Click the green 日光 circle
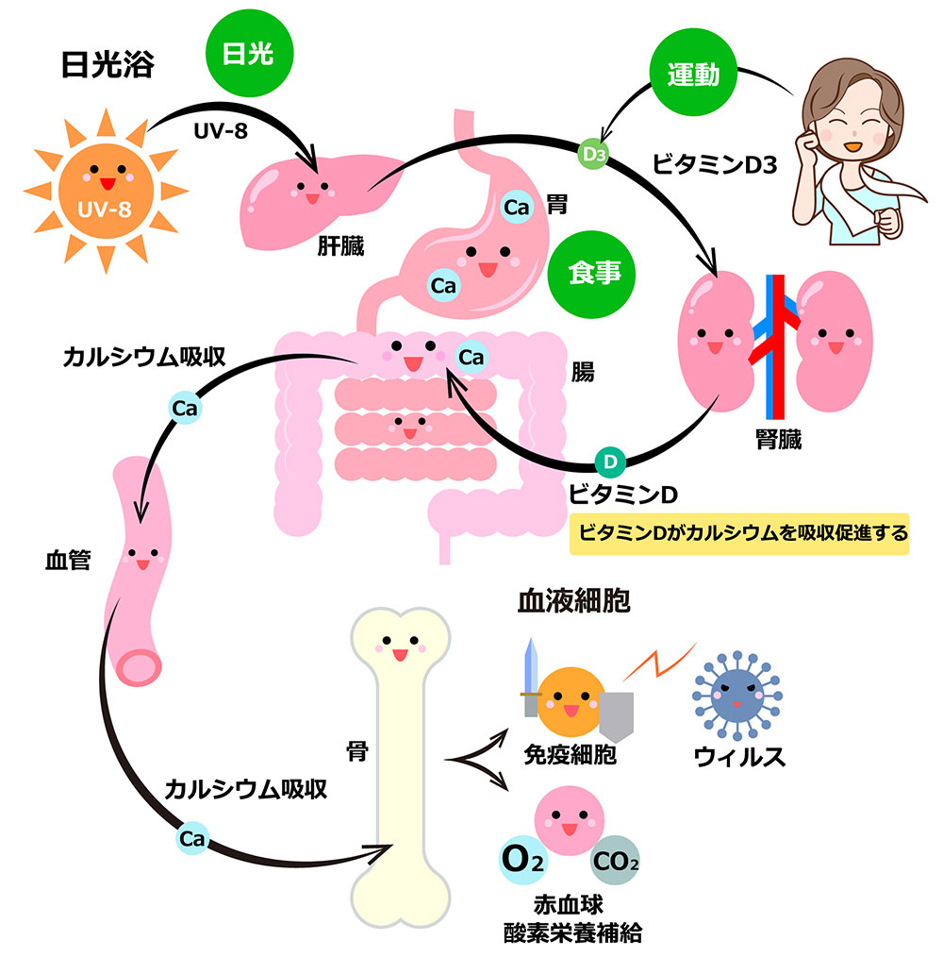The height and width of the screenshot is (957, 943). tap(250, 53)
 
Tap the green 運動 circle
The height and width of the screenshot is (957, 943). tap(693, 73)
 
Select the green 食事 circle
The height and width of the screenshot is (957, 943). tap(591, 274)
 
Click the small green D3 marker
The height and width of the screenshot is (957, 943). tap(593, 154)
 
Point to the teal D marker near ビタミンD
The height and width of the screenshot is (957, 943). tap(610, 462)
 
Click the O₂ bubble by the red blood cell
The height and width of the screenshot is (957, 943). tap(523, 861)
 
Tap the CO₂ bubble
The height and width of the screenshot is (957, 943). tap(615, 861)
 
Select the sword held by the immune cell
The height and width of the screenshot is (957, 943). tap(531, 678)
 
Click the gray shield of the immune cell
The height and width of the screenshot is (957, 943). tap(616, 716)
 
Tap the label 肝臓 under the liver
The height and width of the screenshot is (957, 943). tap(340, 246)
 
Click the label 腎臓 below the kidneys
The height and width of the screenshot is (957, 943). tap(778, 439)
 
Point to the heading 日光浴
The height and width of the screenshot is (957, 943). tap(108, 64)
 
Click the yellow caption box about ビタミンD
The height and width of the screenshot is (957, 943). tap(739, 534)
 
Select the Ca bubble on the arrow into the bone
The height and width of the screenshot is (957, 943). tap(192, 839)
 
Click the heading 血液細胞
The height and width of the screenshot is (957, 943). tap(573, 600)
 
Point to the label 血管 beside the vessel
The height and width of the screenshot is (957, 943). tap(68, 560)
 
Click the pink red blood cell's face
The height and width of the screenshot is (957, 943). tap(569, 820)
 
